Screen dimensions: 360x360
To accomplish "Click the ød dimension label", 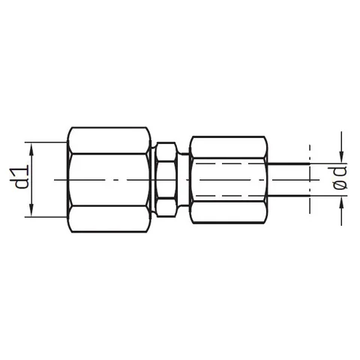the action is pyautogui.click(x=340, y=178).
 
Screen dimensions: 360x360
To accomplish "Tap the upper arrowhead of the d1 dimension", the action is pyautogui.click(x=31, y=149).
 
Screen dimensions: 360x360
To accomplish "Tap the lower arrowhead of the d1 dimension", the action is pyautogui.click(x=31, y=210).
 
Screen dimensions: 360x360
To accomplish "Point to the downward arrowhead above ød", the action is pyautogui.click(x=341, y=157).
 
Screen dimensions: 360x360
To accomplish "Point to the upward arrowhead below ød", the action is pyautogui.click(x=341, y=202).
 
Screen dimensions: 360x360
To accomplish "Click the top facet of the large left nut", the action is pyautogui.click(x=109, y=140).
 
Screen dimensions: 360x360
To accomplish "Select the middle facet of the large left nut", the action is pyautogui.click(x=109, y=180).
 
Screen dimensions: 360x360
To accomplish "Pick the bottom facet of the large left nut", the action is pyautogui.click(x=109, y=219).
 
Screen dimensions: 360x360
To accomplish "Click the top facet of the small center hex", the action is pyautogui.click(x=165, y=152).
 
